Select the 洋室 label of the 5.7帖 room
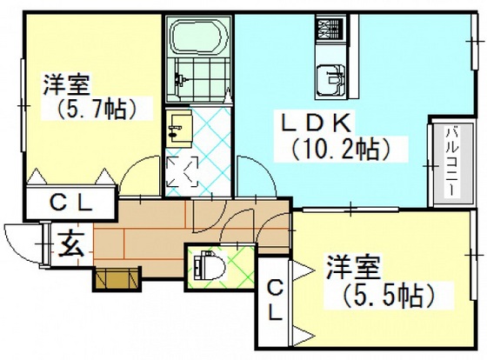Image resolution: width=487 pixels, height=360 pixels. [x=66, y=86]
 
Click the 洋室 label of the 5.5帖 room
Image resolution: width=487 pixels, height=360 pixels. [x=352, y=264]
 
